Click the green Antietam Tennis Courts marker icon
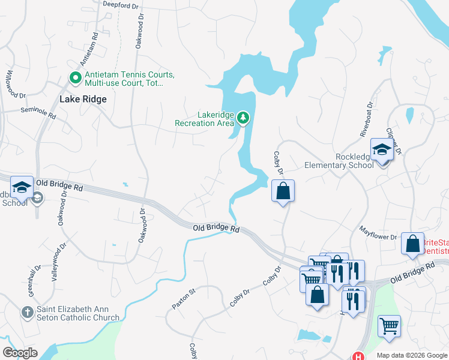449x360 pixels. [x=76, y=77]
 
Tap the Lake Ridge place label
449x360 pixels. [x=83, y=99]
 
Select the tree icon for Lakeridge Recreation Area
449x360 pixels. [x=243, y=117]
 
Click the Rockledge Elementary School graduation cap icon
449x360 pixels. [x=382, y=150]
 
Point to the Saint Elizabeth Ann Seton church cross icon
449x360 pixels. [x=26, y=312]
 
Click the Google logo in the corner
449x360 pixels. [x=20, y=353]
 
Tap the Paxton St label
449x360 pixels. [x=184, y=298]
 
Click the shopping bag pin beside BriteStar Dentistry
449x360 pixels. [x=412, y=244]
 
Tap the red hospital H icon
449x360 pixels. [x=358, y=356]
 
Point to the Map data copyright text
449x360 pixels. [x=412, y=355]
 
